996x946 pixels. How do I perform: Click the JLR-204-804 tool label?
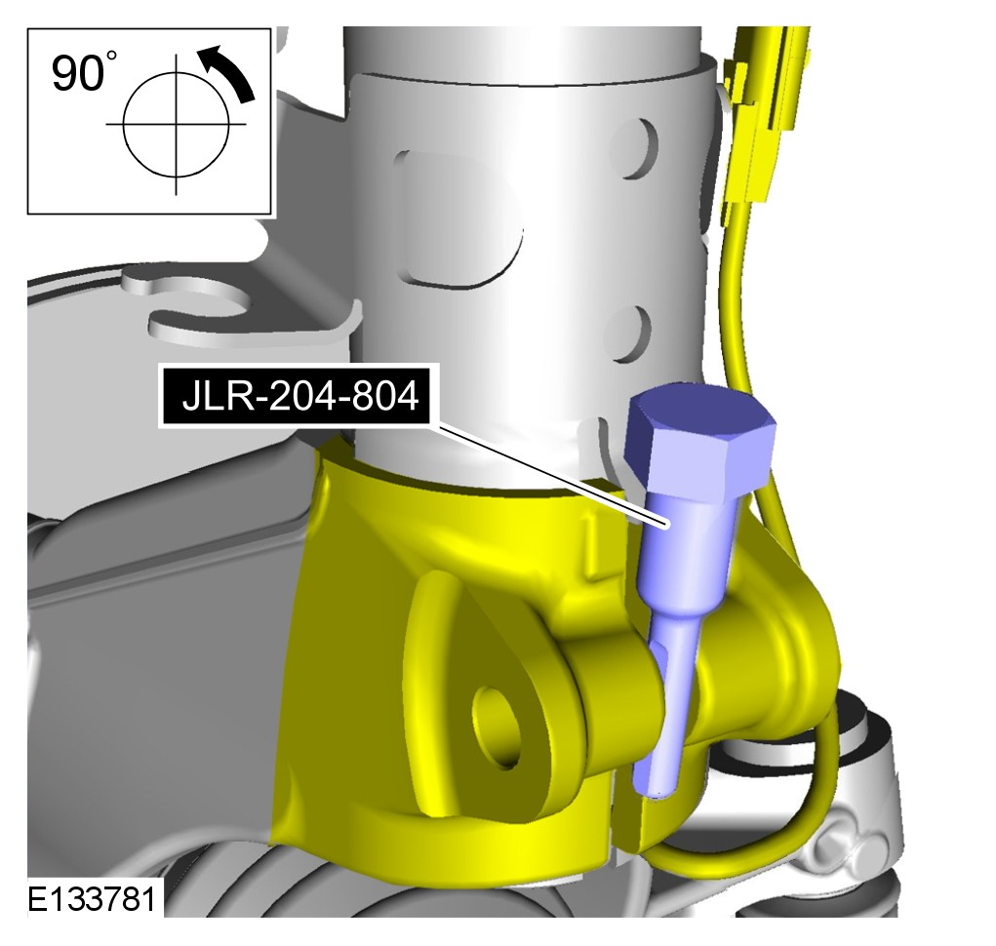pos(299,396)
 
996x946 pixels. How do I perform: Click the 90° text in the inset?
pos(83,73)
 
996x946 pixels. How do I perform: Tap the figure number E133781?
pos(92,899)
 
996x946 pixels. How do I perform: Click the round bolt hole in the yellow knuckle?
pos(497,728)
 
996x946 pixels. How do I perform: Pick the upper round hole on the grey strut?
pos(635,148)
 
